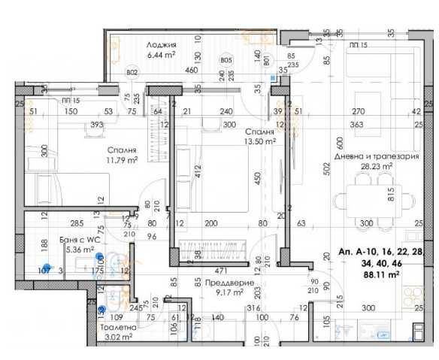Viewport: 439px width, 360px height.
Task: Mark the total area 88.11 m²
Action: tap(380, 275)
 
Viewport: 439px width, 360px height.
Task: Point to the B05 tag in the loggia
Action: tap(226, 60)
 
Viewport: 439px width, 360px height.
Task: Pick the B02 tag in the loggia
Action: tap(132, 72)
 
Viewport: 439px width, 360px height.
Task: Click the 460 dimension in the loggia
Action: tap(171, 71)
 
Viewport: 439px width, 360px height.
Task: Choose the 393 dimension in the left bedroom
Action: tap(96, 125)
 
